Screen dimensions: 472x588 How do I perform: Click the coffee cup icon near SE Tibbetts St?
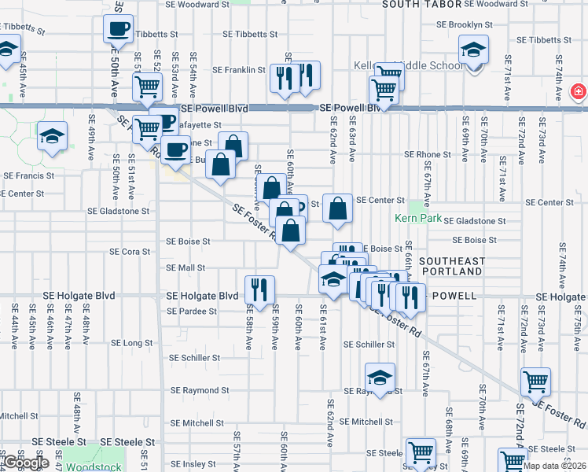(118, 29)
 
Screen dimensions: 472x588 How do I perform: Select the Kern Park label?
(419, 218)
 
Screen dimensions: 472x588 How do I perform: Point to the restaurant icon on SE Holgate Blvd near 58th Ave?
(260, 289)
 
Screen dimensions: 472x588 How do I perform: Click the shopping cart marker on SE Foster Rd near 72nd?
(535, 382)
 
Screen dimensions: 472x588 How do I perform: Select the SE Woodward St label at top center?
(197, 5)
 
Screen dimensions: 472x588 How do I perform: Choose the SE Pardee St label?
(192, 312)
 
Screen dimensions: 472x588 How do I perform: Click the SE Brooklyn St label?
(472, 24)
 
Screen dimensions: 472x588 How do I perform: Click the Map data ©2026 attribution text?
(554, 466)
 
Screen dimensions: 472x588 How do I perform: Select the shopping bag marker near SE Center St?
(337, 208)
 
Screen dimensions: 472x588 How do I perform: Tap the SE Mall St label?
(186, 267)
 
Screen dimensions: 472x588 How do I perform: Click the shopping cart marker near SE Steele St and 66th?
(421, 452)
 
